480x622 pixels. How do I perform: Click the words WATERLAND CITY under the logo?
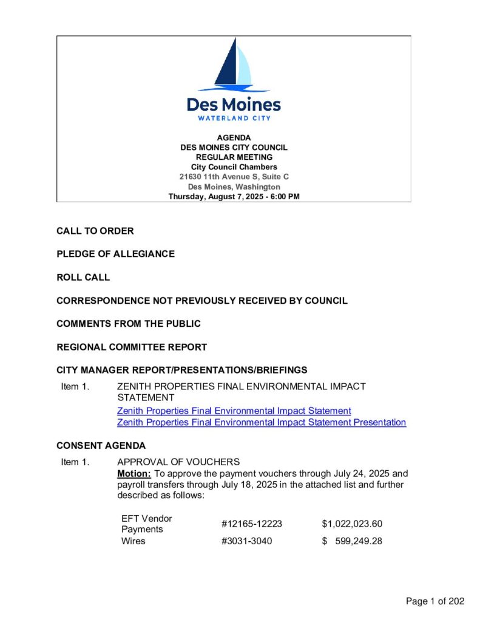(234, 118)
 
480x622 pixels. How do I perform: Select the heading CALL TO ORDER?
(95, 231)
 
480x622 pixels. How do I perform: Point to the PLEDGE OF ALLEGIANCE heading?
(115, 254)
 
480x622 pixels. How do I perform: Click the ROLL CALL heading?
(83, 277)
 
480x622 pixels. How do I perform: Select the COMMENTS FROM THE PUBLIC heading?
(129, 324)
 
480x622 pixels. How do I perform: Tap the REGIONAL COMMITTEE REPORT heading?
(132, 347)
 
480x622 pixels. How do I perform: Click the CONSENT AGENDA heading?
(101, 445)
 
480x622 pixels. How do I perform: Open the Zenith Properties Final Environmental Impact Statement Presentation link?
(261, 422)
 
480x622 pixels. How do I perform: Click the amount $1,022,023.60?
(351, 524)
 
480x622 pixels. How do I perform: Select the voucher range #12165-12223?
(252, 524)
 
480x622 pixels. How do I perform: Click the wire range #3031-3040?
(246, 541)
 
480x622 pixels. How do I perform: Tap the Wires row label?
(134, 541)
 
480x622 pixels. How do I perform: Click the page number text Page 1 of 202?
(435, 601)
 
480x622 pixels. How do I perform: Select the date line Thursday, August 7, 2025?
(234, 196)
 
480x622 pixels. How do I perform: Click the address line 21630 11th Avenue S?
(234, 177)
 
